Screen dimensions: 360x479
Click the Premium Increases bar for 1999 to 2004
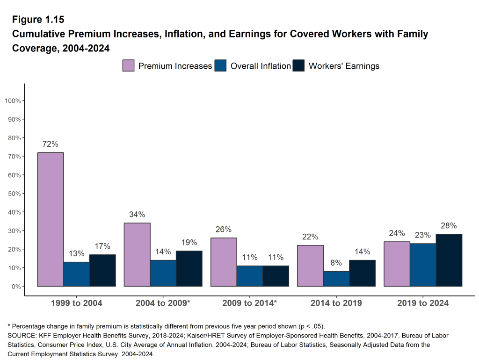click(51, 219)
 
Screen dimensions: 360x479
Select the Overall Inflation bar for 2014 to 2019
click(336, 279)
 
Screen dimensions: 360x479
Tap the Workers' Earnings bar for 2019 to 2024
click(449, 260)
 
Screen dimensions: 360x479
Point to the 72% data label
click(51, 144)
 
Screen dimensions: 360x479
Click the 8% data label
click(336, 263)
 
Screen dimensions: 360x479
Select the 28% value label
click(449, 225)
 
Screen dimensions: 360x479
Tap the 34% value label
click(137, 215)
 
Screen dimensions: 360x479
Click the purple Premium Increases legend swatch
click(129, 66)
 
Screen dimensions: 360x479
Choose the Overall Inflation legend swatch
click(221, 66)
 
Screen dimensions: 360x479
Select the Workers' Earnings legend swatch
click(298, 66)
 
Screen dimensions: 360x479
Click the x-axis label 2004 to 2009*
click(163, 303)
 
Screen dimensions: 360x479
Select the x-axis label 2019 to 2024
click(423, 303)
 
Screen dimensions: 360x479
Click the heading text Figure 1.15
click(38, 20)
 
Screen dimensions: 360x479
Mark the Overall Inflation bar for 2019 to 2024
click(423, 265)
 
